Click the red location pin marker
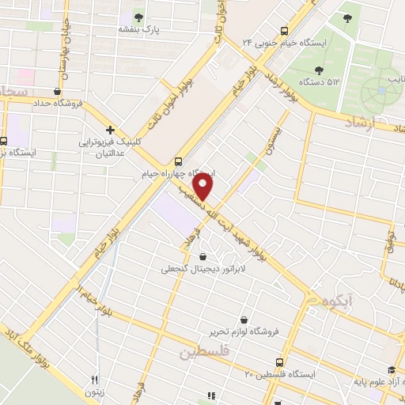tap(204, 187)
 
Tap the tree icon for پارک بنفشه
tap(139, 17)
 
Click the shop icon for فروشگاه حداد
tap(57, 91)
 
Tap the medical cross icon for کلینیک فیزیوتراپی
tap(110, 130)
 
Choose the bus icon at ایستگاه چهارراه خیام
tap(179, 159)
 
